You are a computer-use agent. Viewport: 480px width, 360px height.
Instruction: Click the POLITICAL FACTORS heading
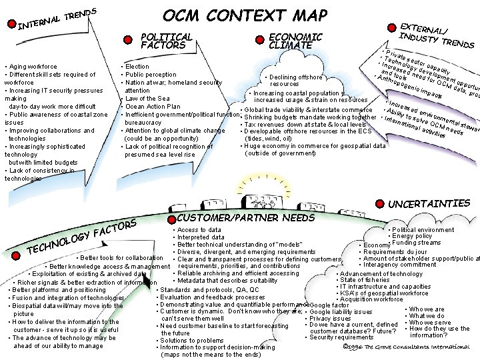(x=167, y=41)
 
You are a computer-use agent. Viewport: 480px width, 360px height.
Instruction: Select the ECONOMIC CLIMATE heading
(x=294, y=41)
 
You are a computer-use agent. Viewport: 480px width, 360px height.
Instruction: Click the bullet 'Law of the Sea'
(x=148, y=99)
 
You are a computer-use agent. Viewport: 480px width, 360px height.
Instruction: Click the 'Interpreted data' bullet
(x=201, y=237)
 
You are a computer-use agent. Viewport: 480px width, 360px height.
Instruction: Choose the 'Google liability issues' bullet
(x=341, y=311)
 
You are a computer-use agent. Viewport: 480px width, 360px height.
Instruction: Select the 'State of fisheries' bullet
(x=365, y=280)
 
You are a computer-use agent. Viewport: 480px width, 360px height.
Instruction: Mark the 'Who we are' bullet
(x=427, y=309)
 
